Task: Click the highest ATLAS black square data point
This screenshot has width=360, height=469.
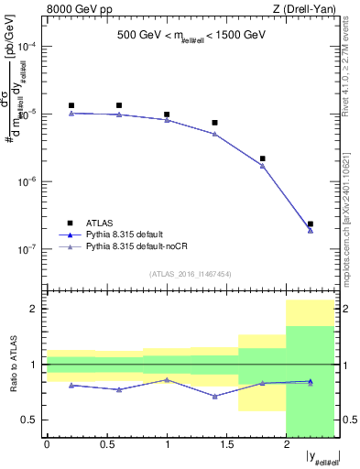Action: click(x=71, y=105)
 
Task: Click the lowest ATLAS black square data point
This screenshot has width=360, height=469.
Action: click(x=311, y=224)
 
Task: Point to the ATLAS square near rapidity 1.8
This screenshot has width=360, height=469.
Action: click(x=263, y=158)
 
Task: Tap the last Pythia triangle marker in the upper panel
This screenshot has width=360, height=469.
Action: click(x=311, y=230)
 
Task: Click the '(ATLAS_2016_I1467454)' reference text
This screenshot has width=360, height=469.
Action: click(x=191, y=273)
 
